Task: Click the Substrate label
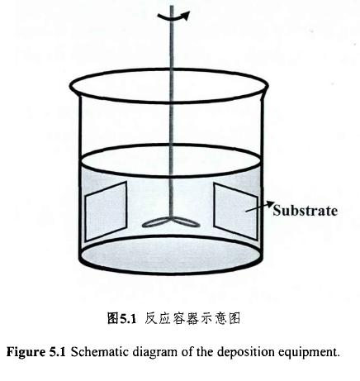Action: pyautogui.click(x=305, y=211)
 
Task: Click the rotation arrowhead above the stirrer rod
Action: pyautogui.click(x=187, y=15)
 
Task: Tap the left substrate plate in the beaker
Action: pyautogui.click(x=106, y=211)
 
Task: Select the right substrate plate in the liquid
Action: pyautogui.click(x=236, y=211)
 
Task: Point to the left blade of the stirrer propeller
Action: pyautogui.click(x=155, y=223)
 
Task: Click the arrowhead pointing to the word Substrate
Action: pyautogui.click(x=270, y=204)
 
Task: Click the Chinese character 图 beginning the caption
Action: pyautogui.click(x=113, y=318)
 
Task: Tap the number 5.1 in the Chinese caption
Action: pyautogui.click(x=128, y=319)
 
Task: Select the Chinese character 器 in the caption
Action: pyautogui.click(x=192, y=318)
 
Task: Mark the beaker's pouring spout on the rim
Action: pyautogui.click(x=265, y=87)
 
